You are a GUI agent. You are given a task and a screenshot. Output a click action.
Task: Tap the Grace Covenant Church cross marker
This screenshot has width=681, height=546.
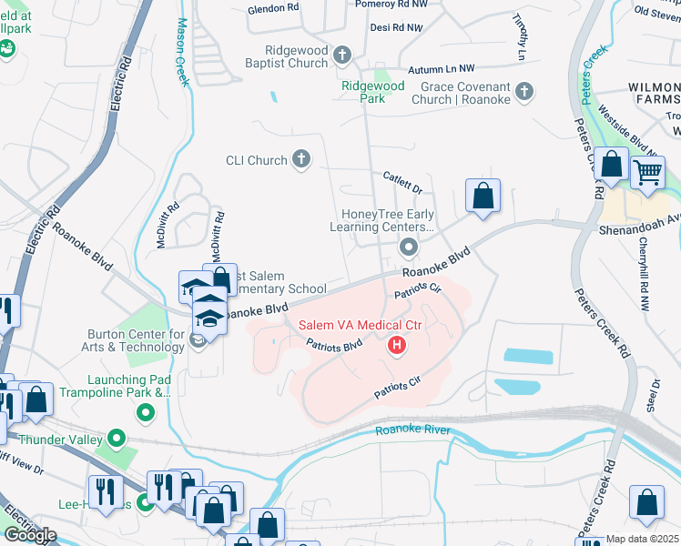click(x=523, y=91)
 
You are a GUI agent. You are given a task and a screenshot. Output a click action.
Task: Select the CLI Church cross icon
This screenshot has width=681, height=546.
click(x=301, y=161)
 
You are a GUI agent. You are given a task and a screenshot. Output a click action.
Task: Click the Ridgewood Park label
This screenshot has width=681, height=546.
click(x=372, y=92)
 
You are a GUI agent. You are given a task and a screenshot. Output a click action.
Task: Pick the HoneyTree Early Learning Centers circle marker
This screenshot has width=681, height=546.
click(x=409, y=247)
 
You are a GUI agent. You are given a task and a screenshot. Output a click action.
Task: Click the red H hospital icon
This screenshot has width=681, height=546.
click(x=397, y=345)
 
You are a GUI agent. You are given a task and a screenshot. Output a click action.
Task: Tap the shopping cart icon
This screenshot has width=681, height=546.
click(x=647, y=170)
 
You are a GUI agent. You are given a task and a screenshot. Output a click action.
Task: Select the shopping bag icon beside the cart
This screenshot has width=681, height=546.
click(x=613, y=166)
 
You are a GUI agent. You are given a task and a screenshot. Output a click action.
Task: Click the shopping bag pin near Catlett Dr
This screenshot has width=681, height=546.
click(x=483, y=196)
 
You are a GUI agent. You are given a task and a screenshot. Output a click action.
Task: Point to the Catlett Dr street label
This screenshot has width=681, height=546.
click(x=402, y=183)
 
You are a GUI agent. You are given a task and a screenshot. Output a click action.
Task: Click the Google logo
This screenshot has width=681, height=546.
click(x=29, y=534)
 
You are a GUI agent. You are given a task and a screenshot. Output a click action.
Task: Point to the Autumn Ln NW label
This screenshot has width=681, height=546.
click(x=442, y=68)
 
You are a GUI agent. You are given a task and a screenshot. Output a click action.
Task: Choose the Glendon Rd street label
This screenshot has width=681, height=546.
click(x=273, y=10)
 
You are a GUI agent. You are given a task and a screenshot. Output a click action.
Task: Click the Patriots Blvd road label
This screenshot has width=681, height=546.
click(x=334, y=345)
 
